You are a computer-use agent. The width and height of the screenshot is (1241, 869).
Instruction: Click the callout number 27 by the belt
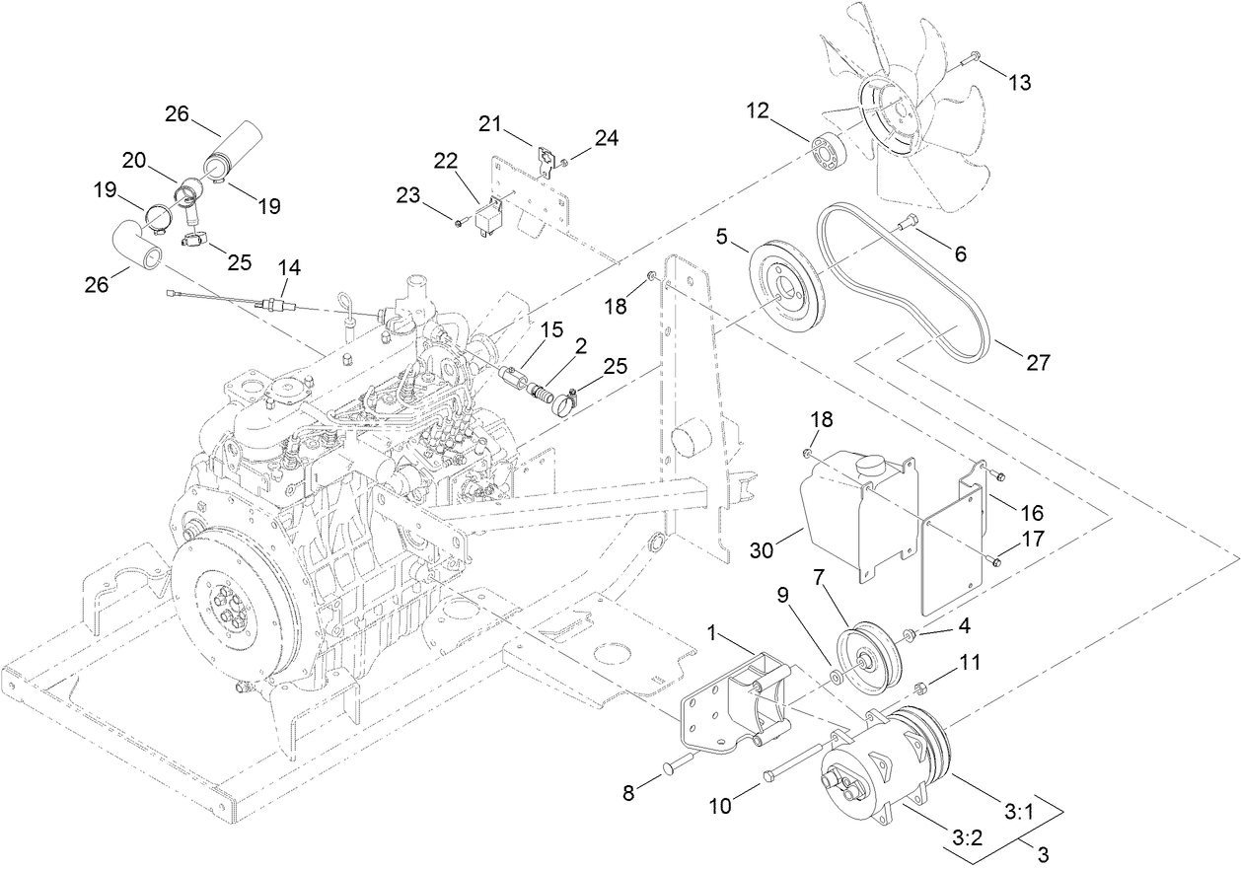1038,362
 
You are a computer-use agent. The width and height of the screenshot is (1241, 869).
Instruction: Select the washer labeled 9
835,678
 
